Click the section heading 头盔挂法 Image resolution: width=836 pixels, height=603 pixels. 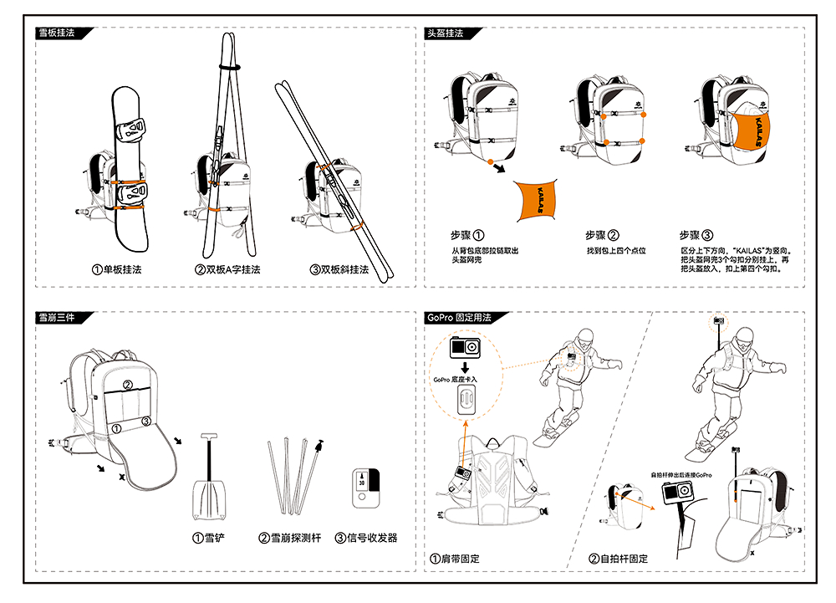[446, 33]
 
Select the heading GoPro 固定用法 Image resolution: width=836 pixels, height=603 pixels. [458, 318]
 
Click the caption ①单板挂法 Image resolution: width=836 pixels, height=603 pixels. [117, 270]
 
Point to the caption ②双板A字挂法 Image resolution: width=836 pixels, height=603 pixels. [227, 270]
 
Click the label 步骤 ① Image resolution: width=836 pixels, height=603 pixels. [468, 236]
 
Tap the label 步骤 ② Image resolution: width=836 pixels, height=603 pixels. [602, 236]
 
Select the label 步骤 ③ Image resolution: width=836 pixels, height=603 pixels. [696, 236]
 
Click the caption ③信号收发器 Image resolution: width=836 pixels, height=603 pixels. [367, 538]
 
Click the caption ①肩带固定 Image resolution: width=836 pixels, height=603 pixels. [455, 558]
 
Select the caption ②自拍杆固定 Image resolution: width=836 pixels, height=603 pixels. [619, 558]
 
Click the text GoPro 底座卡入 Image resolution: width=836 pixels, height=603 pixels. [457, 380]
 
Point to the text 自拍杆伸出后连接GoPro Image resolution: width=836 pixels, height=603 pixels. [681, 475]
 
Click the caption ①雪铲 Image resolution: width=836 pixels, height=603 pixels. [210, 538]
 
